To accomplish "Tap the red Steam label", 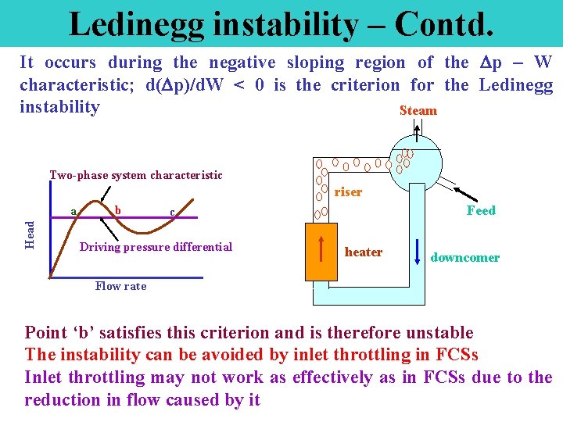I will pos(418,111).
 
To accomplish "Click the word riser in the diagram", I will pos(348,192).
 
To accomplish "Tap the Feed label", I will pos(481,210).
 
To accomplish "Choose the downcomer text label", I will pos(465,258).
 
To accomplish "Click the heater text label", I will pos(364,252).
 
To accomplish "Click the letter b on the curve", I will pos(117,209).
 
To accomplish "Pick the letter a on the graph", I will pos(73,209).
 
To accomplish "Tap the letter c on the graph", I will pos(172,212).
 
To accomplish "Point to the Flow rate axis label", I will pos(120,286).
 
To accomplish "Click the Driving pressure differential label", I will pos(156,247).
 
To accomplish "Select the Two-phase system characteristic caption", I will pos(136,175).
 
